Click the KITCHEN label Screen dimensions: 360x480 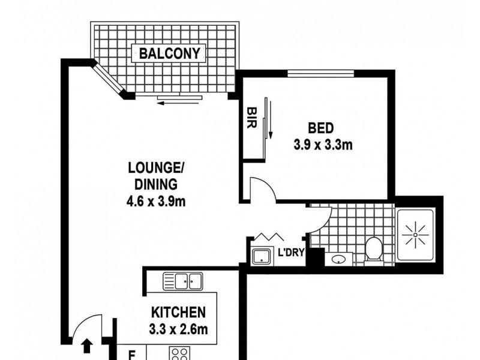click(179, 312)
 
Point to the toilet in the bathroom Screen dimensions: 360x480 click(374, 249)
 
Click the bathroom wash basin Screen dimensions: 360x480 click(338, 260)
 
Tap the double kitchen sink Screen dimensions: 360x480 click(183, 280)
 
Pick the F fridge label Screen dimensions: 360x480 click(131, 354)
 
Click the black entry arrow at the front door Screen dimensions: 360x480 click(86, 346)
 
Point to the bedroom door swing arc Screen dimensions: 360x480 click(264, 188)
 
